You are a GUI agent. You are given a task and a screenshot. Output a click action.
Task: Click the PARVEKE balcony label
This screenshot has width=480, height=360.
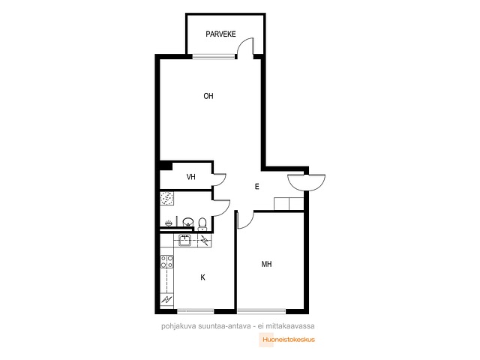pos(220,34)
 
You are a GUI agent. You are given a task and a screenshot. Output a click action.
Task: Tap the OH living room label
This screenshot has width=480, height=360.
pos(208,96)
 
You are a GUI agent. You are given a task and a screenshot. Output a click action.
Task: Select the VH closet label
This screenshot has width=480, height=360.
pos(191,177)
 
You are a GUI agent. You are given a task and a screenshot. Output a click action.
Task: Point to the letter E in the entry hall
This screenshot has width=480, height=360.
pos(257,187)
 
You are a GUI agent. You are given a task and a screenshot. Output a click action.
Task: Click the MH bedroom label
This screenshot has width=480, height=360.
pos(267,264)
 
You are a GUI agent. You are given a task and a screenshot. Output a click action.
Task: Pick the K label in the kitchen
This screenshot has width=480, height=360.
pos(202,277)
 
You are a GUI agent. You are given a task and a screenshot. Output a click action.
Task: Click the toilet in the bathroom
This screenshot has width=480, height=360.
pos(202,223)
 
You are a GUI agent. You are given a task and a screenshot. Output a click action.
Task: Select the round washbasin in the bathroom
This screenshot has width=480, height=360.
pos(188,222)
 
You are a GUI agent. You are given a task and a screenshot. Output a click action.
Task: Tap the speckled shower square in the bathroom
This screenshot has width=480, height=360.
pos(166,198)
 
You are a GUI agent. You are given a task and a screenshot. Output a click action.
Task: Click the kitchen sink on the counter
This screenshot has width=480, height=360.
pos(185,240)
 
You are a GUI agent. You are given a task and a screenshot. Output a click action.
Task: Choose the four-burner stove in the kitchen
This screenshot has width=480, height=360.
pos(166,262)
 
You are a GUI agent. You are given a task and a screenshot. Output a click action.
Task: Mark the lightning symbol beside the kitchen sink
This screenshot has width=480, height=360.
pos(205,240)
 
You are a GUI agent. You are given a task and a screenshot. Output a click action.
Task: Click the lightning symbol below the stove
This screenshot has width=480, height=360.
pos(166,299)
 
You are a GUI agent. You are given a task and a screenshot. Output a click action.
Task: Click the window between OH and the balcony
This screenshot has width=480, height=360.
pos(214,56)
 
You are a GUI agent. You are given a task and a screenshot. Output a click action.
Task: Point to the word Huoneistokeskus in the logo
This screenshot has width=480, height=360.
pos(289,340)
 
